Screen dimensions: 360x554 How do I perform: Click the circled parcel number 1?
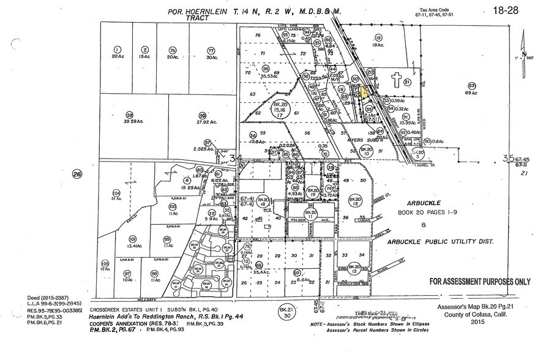point(116,50)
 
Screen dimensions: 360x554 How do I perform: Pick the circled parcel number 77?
point(211,50)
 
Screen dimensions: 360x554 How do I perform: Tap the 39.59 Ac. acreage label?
point(129,121)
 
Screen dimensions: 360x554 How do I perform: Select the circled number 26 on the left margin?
point(77,173)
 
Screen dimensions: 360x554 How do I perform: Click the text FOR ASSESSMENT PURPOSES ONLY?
point(480,282)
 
